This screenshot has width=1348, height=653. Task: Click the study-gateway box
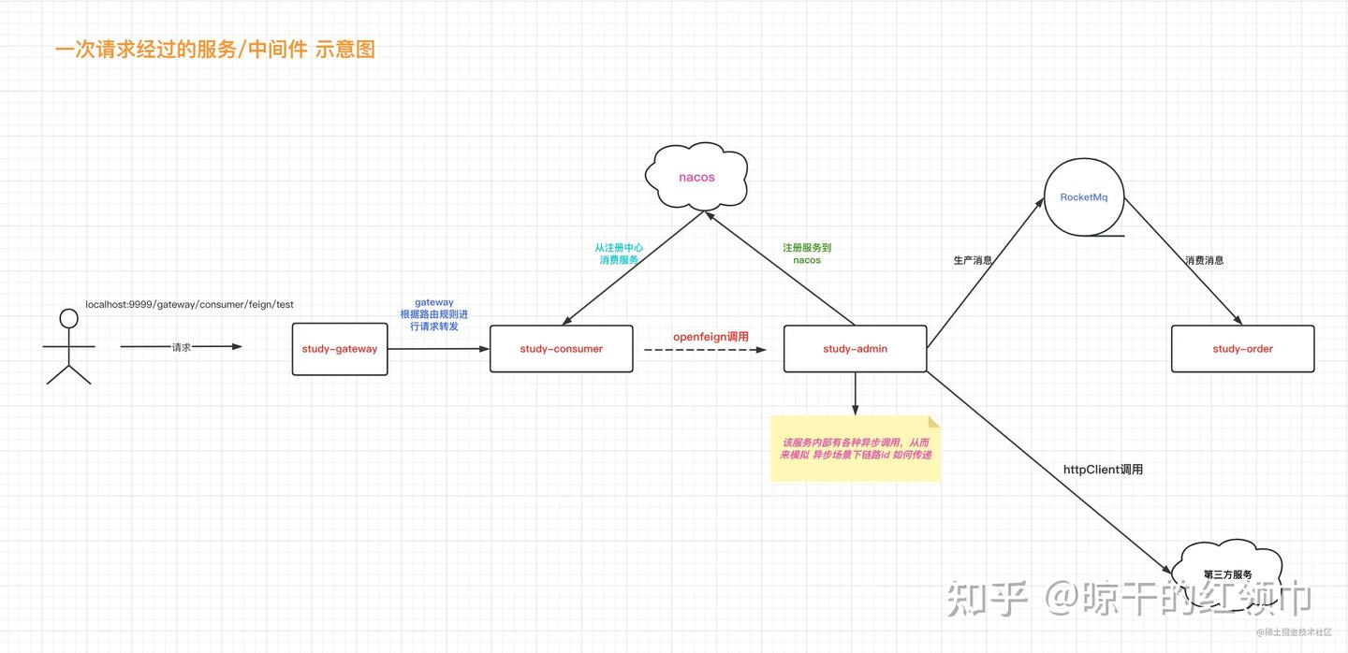[340, 349]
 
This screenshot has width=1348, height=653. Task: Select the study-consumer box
[562, 349]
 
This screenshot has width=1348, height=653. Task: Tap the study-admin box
[855, 349]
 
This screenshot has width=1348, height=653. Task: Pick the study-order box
[1242, 349]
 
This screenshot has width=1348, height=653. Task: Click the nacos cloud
[696, 177]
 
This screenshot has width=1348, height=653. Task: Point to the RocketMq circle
[1084, 197]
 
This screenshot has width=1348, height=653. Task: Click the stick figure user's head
[68, 319]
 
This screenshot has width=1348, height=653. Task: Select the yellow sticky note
[855, 449]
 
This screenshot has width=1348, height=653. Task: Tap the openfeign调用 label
[711, 337]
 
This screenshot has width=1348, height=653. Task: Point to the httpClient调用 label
[1103, 470]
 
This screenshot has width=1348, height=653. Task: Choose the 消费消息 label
[1204, 261]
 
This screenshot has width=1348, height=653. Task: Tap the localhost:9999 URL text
[189, 305]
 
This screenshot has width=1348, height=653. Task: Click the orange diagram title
[215, 50]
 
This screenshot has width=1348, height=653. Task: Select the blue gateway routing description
[433, 314]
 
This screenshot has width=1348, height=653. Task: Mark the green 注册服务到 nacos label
[807, 254]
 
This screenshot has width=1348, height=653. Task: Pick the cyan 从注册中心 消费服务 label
[619, 254]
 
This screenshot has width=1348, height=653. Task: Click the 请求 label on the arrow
[182, 347]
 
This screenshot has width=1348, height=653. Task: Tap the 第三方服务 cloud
[1227, 574]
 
